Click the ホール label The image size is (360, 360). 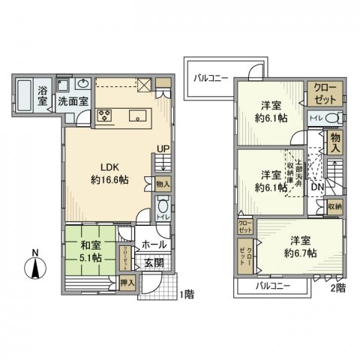(153, 244)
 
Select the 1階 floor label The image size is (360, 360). (187, 295)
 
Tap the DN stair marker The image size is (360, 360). (317, 187)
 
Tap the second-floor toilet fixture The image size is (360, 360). (335, 117)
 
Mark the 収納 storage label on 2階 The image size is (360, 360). (334, 205)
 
